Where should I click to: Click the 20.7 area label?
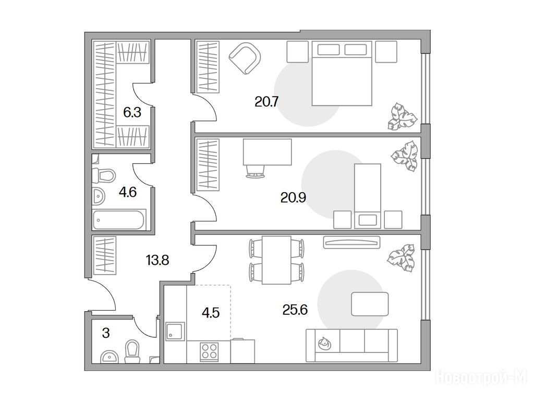click(266, 102)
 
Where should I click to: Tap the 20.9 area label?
click(293, 197)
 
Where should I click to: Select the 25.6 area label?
click(295, 310)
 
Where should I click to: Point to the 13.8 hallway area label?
click(157, 261)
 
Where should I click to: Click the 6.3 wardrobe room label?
click(132, 112)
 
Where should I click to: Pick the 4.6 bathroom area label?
click(128, 192)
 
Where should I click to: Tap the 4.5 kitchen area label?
click(211, 312)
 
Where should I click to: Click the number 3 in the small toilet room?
click(106, 333)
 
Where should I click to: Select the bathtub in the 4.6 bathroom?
click(119, 220)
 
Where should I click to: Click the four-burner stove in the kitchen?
click(209, 351)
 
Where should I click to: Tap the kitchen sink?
click(175, 332)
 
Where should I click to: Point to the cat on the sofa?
click(324, 343)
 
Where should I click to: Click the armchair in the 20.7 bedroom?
click(245, 57)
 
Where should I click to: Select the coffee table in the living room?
click(370, 304)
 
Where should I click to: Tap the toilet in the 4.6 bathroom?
click(104, 175)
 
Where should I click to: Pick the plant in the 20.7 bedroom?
click(402, 116)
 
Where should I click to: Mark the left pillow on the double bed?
click(329, 50)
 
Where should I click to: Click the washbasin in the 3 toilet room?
click(109, 357)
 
